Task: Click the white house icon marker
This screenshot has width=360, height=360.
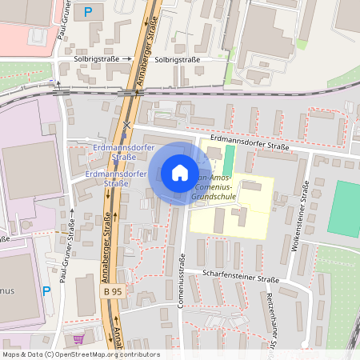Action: [179, 173]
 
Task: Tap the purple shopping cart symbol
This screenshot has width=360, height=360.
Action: [78, 338]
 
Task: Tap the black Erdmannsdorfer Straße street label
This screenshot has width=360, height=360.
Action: [248, 146]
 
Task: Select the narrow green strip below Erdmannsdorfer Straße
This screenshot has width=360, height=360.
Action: [230, 158]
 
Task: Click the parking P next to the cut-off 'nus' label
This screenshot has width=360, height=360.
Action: [46, 292]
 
